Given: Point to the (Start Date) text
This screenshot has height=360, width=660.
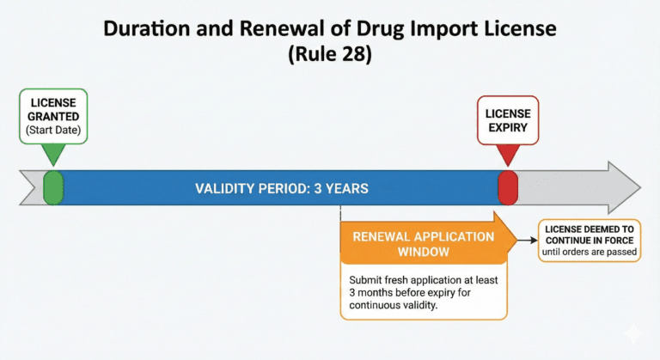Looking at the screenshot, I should coord(52,131).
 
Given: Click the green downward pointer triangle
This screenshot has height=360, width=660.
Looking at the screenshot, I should coord(53,156).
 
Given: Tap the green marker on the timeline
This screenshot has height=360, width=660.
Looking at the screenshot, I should coord(53,187).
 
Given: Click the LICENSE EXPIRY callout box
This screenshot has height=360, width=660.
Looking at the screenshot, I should coord(508,119).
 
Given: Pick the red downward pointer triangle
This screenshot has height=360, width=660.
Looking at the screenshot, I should coord(508,155).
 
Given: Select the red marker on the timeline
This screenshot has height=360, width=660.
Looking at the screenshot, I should coord(508,187).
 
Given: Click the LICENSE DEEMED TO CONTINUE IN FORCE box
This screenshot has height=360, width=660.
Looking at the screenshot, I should coord(590,240).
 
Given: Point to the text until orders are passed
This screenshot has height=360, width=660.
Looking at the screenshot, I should coord(590,253).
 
